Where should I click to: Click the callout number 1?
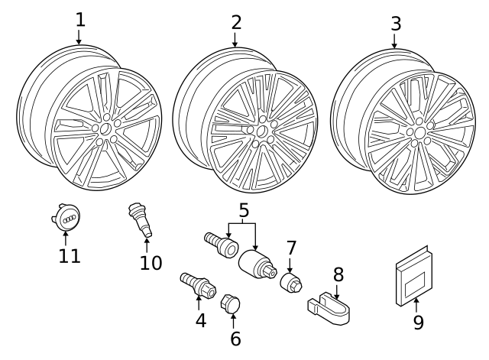coord(79,19)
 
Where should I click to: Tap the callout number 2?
coord(236,21)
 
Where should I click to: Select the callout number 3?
coord(395,23)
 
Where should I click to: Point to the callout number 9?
coord(418,322)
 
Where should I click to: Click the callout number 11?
coord(70,255)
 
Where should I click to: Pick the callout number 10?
coord(151,263)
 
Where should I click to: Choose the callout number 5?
coord(243,209)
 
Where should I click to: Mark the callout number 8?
coord(338,274)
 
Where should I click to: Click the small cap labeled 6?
coord(230,303)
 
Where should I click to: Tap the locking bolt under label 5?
coord(219,244)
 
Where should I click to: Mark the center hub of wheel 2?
coord(262,131)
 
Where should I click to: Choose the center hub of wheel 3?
coord(419,132)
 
